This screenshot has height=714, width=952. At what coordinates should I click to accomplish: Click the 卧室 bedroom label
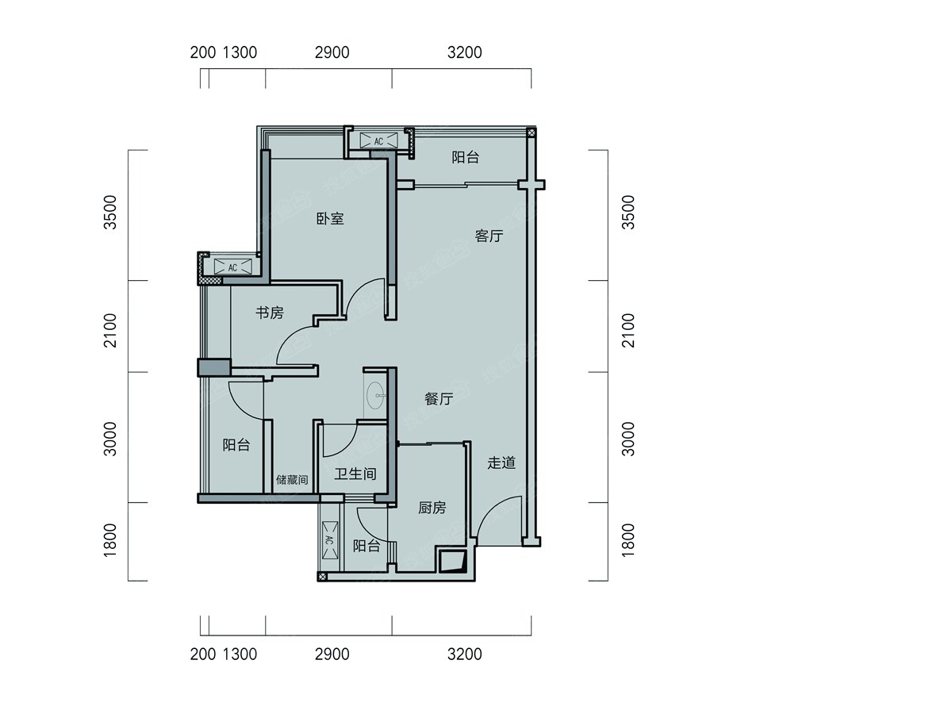(x=330, y=218)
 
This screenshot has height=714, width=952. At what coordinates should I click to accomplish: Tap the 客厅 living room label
(x=489, y=236)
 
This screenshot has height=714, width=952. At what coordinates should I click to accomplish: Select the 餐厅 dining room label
(x=439, y=398)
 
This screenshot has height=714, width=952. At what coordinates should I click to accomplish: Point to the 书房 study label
(x=269, y=312)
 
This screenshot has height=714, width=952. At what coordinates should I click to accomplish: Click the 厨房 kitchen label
(x=432, y=507)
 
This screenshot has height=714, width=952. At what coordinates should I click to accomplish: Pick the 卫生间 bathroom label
(x=355, y=474)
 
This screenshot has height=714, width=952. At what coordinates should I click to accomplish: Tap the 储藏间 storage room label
(x=292, y=479)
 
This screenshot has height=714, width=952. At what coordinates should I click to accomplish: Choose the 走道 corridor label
(x=501, y=463)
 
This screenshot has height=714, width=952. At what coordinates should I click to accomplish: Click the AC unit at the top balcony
(x=378, y=140)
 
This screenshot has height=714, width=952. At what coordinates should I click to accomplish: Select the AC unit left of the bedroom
(x=233, y=267)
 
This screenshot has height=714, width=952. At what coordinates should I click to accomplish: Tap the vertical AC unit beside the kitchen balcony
(x=330, y=539)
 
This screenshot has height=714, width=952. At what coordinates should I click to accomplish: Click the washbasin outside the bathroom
(x=375, y=395)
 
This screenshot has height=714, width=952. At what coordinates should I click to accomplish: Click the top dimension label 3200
(x=465, y=52)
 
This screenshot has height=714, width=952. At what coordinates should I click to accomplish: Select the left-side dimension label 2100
(x=110, y=330)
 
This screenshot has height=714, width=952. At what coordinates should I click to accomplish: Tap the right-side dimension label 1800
(x=628, y=540)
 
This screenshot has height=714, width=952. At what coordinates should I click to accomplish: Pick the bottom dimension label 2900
(x=332, y=654)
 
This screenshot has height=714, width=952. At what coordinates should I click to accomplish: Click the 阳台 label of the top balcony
(x=466, y=157)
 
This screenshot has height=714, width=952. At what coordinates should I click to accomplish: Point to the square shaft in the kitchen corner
(x=452, y=562)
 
